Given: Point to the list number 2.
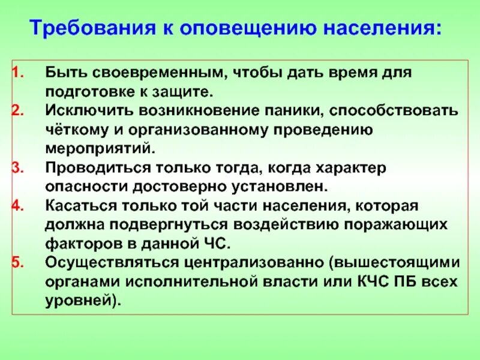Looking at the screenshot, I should coord(17,111).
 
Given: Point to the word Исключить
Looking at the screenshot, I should coord(80,111).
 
